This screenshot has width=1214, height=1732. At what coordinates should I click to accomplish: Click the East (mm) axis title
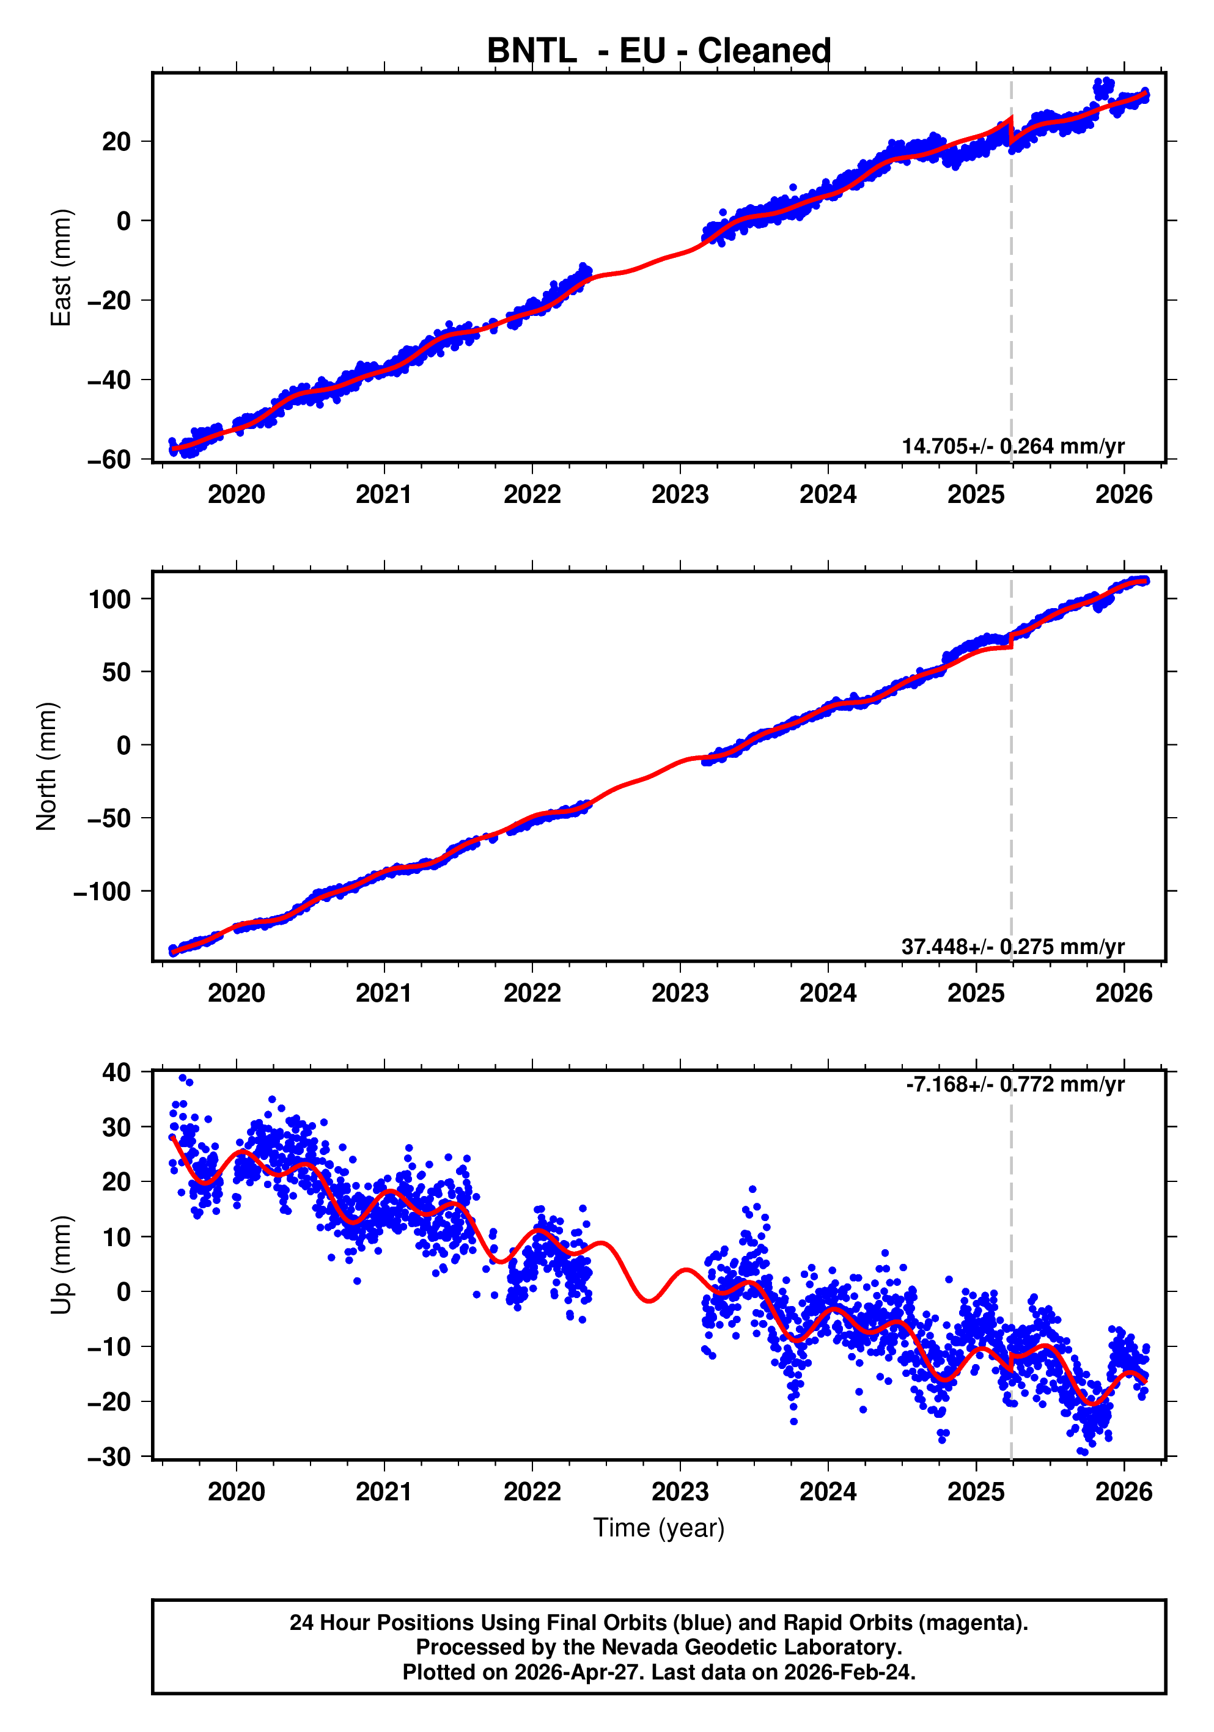(61, 268)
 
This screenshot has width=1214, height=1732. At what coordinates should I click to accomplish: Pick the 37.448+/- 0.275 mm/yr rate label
(1012, 946)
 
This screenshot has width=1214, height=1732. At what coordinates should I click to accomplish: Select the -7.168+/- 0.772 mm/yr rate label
(1015, 1085)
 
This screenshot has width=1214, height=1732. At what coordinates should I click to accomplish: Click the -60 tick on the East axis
(109, 460)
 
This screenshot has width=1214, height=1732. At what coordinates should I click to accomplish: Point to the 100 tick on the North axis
(109, 600)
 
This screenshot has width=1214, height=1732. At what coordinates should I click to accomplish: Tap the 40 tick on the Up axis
(116, 1072)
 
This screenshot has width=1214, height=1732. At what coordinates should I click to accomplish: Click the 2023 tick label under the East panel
(680, 495)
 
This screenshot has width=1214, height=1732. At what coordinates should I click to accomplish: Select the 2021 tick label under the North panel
(384, 994)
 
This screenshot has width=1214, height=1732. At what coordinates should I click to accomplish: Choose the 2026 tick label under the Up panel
(1124, 1492)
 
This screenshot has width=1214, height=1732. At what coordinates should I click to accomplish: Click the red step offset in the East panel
(1010, 131)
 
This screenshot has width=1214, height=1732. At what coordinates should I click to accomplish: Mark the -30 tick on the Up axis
(109, 1456)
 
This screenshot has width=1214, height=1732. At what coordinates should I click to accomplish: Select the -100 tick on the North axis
(102, 892)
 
